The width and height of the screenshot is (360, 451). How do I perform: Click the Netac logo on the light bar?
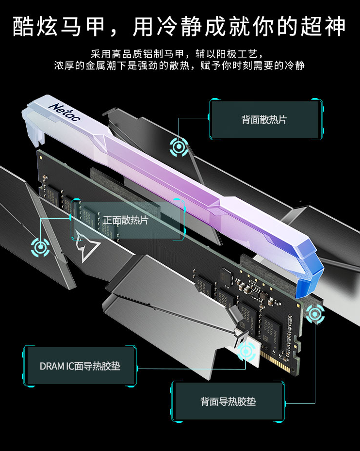pyautogui.click(x=65, y=112)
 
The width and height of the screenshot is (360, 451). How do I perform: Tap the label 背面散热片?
pyautogui.click(x=264, y=120)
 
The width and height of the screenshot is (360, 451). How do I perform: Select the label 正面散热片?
pyautogui.click(x=126, y=220)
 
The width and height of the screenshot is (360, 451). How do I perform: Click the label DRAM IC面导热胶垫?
pyautogui.click(x=80, y=366)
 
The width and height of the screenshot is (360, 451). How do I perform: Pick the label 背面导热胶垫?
pyautogui.click(x=228, y=402)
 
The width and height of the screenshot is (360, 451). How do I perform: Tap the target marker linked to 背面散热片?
pyautogui.click(x=179, y=147)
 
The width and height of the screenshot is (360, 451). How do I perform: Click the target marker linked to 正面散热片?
pyautogui.click(x=40, y=247)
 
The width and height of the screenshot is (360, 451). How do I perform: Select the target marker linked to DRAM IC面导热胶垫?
pyautogui.click(x=246, y=352)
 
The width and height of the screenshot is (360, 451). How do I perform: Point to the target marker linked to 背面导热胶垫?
pyautogui.click(x=315, y=314)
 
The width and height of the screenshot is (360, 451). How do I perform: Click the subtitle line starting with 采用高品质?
pyautogui.click(x=177, y=54)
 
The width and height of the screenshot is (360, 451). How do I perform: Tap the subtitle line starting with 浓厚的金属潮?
pyautogui.click(x=180, y=65)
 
